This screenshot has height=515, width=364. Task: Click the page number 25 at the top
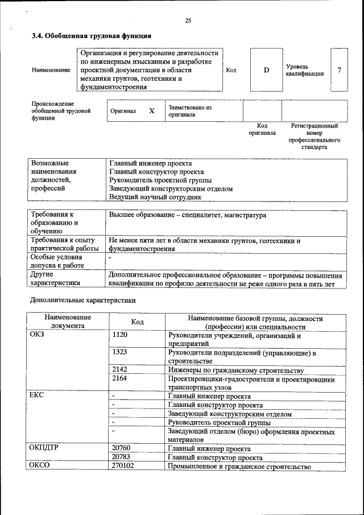188,21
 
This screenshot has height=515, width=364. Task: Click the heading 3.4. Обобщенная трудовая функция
91,36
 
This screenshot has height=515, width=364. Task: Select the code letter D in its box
266,70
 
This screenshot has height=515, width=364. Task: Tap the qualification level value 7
339,70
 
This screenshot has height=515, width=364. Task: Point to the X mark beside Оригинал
152,111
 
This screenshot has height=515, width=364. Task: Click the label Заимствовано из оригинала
190,111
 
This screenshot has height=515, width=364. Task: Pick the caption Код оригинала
262,129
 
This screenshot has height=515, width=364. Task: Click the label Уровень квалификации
305,70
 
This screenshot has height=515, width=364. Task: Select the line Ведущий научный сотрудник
155,197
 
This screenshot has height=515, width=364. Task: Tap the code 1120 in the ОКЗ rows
120,335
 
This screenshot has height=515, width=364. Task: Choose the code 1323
120,352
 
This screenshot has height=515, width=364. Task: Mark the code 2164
120,378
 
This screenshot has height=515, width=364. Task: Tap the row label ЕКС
37,395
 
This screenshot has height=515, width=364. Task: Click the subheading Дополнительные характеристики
82,299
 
